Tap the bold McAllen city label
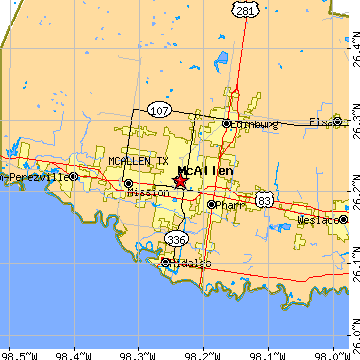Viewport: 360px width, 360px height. pos(205,171)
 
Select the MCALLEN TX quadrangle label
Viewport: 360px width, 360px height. pos(139,161)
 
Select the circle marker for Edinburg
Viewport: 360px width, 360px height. pos(228,124)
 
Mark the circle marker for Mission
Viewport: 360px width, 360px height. pos(129,184)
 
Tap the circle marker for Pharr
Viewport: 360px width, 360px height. pos(211,204)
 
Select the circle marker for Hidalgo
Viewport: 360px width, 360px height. pos(165,262)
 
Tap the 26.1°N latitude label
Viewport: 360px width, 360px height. pos(353,262)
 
